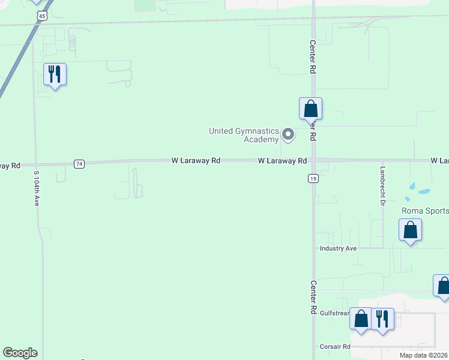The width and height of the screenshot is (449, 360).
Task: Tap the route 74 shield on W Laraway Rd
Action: tap(79, 164)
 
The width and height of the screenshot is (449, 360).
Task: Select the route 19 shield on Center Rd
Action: tap(313, 178)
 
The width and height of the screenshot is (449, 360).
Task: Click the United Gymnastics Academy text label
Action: tap(244, 135)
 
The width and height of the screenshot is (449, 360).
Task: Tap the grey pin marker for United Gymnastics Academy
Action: tap(288, 134)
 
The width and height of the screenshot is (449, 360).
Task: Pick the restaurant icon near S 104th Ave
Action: tap(55, 74)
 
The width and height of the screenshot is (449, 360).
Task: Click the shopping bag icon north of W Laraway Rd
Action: tap(310, 109)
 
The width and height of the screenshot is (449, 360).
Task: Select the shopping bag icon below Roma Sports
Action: tap(410, 230)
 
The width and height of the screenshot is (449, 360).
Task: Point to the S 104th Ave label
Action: tap(36, 188)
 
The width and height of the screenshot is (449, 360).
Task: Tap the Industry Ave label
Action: tap(338, 248)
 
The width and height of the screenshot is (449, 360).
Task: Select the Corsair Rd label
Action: tap(334, 347)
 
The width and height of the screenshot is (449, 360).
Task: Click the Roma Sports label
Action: tap(424, 211)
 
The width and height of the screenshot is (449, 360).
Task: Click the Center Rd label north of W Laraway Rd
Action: tap(313, 57)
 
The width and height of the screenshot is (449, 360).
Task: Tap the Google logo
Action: tap(20, 353)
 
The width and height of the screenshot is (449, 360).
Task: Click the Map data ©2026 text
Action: tap(424, 355)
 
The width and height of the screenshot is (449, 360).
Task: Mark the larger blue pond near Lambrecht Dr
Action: tap(424, 192)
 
